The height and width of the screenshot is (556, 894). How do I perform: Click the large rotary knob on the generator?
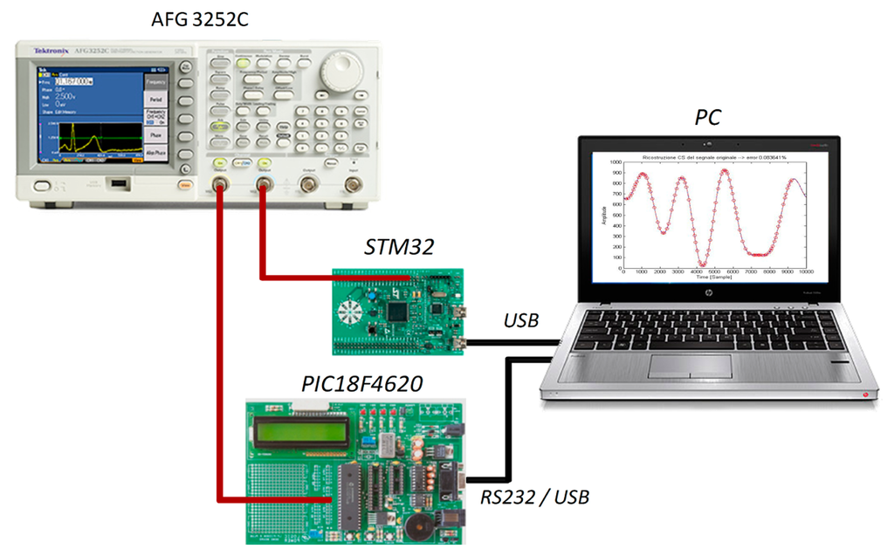340,72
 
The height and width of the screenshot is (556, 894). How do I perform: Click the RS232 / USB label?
534,498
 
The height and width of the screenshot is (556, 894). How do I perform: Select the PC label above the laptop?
708,117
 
